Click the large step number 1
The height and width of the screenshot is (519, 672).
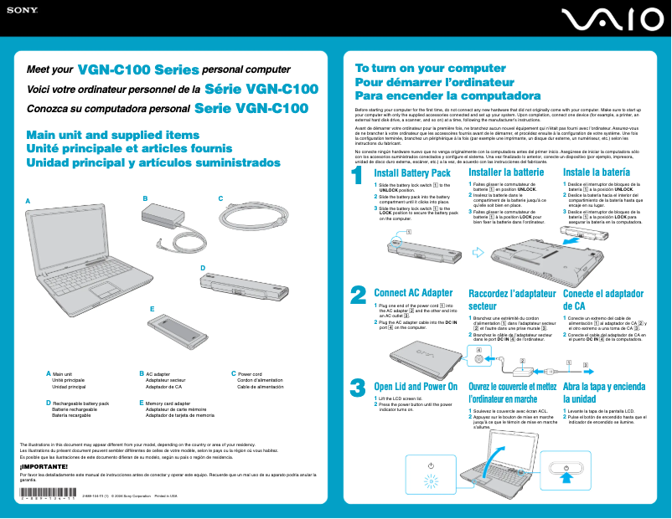coord(357,176)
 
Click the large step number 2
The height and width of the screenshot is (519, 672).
coord(357,295)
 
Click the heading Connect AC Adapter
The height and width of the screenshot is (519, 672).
coord(413,293)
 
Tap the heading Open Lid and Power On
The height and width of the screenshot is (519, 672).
coord(416,387)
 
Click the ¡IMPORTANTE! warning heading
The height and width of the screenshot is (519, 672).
coord(43,466)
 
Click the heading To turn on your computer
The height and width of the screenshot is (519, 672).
coord(419,69)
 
